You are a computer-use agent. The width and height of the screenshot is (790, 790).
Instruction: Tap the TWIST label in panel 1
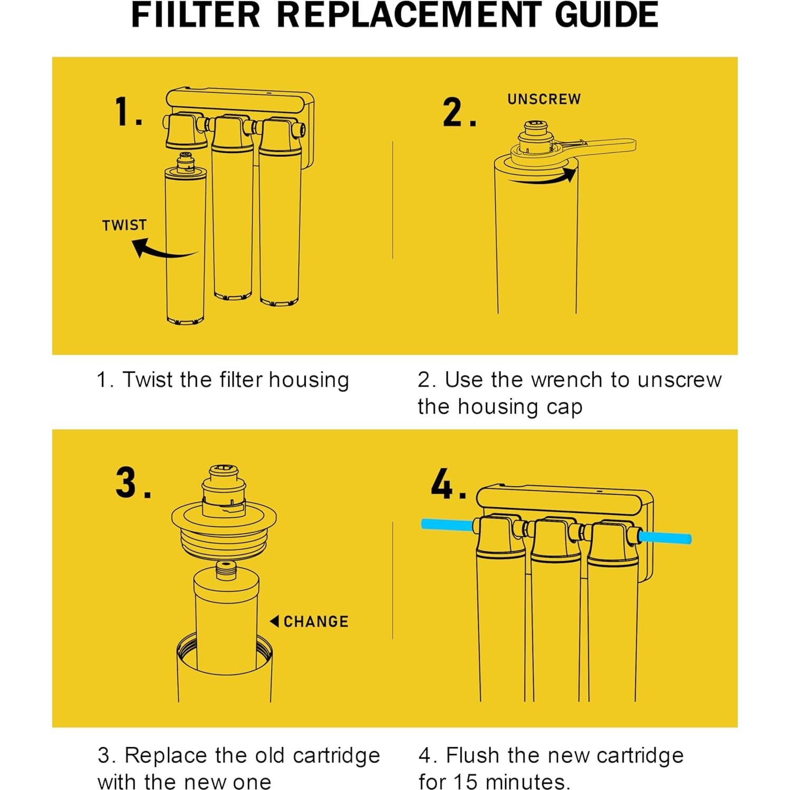124,225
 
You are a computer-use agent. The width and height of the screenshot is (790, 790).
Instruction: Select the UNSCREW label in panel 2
544,99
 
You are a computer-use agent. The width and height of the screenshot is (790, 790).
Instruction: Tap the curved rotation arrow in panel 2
543,177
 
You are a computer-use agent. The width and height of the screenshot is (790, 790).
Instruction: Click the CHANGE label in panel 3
316,621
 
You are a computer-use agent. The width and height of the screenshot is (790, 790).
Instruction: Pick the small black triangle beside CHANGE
274,621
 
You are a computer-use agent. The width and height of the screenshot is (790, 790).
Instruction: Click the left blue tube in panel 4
447,525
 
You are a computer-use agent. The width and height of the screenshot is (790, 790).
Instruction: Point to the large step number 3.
133,483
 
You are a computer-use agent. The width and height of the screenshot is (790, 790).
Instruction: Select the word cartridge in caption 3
336,756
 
